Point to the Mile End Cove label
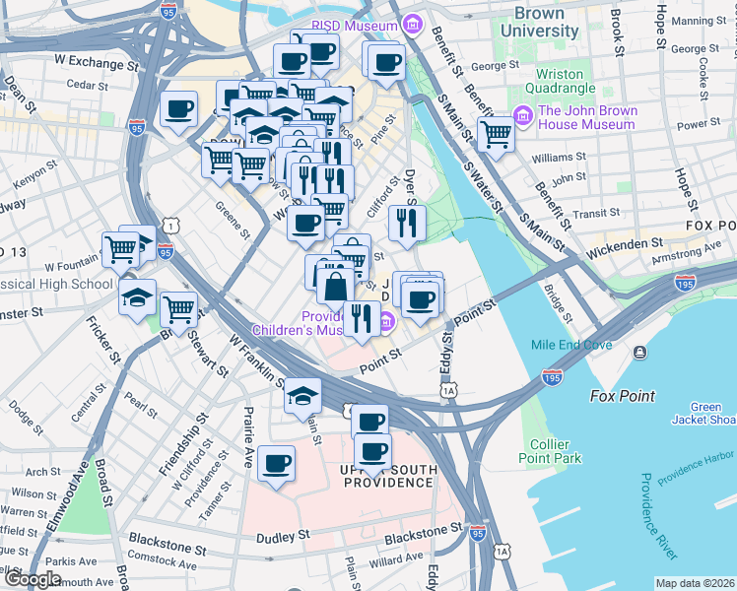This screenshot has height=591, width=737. (x=571, y=346)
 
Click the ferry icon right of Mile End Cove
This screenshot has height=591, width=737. (x=641, y=352)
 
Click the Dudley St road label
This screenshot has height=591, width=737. (x=283, y=538)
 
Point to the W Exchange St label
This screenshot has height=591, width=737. (x=96, y=62)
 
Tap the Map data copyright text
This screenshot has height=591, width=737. (x=695, y=583)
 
